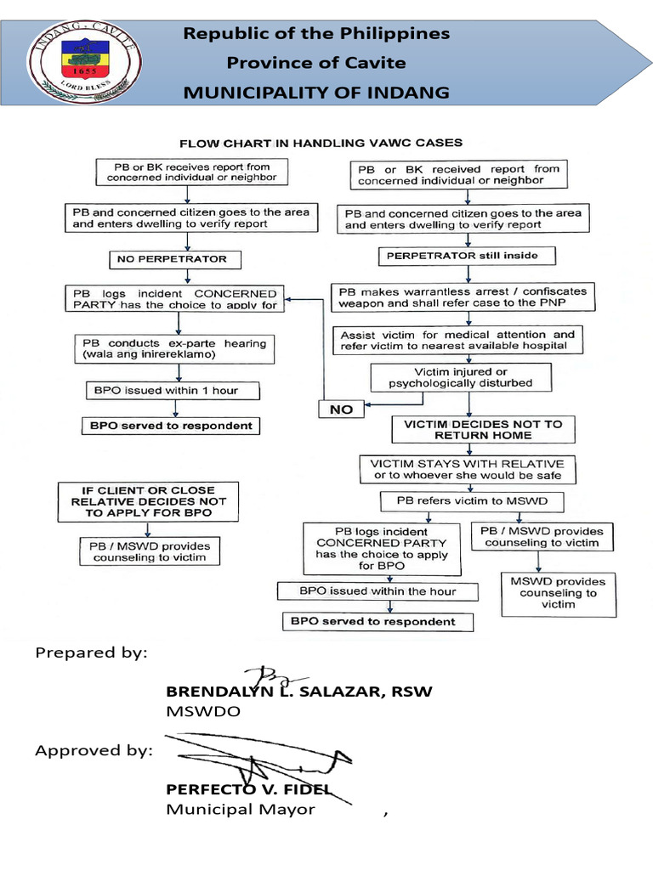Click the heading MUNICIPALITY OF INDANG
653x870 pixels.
[316, 92]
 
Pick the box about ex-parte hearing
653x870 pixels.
[174, 348]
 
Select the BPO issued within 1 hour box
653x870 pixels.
[173, 391]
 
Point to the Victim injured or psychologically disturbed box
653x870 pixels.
[460, 377]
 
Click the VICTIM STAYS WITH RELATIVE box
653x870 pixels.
[467, 470]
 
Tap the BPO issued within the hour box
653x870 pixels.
[378, 590]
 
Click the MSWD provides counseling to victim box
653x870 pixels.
[557, 592]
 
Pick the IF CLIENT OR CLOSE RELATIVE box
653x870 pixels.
[148, 501]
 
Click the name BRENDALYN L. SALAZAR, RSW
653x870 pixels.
[298, 691]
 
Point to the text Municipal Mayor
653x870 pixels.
[241, 809]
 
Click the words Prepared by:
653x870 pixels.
[91, 652]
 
